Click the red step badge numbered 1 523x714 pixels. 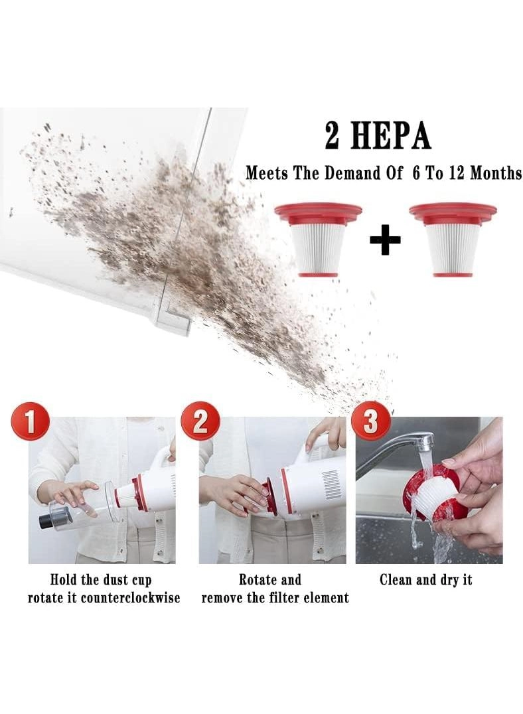click(x=30, y=421)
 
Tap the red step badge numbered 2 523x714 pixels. click(x=200, y=421)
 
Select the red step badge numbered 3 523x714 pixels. click(x=371, y=421)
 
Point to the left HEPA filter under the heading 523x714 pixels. click(x=318, y=240)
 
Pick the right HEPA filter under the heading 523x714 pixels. click(x=453, y=240)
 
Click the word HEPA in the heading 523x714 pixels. click(x=390, y=135)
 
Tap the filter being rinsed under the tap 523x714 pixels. click(x=429, y=492)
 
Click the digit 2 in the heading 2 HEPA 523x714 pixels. click(x=332, y=135)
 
